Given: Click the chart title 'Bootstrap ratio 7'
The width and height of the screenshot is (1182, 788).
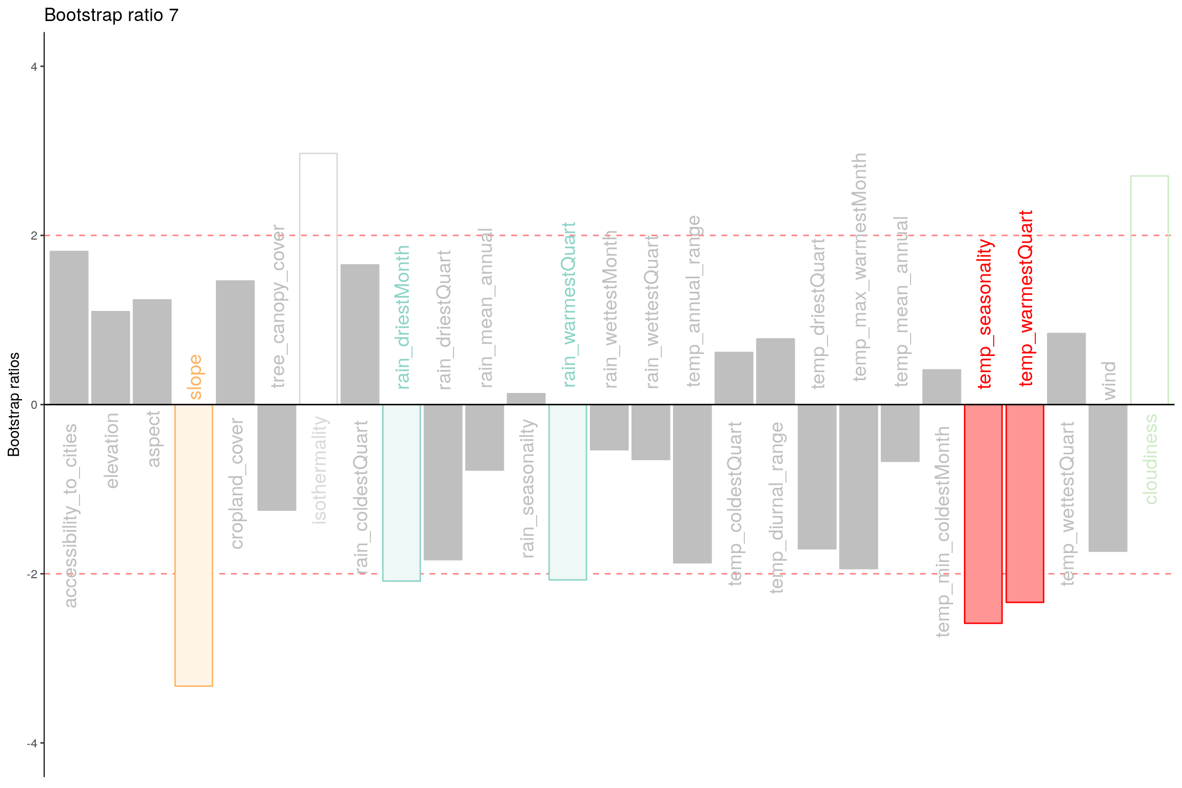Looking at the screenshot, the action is click(x=111, y=15).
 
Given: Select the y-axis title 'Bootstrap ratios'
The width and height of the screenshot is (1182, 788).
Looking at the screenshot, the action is click(x=14, y=404).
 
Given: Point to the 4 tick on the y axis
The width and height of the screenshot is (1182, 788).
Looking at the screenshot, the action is click(x=42, y=66).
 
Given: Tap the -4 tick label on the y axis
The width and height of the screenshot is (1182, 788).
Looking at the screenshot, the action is click(x=32, y=743).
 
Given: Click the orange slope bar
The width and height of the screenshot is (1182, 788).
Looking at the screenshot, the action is click(x=194, y=545).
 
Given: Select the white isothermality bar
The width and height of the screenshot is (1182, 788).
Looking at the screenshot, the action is click(x=319, y=279).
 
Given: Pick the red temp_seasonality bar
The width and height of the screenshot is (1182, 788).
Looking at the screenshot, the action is click(x=983, y=514).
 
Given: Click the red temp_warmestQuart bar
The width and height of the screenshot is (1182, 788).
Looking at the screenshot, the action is click(x=1025, y=503).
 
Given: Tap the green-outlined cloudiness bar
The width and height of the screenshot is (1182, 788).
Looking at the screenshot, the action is click(x=1150, y=290).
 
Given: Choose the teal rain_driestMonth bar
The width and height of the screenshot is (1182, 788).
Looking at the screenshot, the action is click(x=402, y=493).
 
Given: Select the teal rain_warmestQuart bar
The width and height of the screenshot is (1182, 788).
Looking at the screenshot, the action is click(x=568, y=492).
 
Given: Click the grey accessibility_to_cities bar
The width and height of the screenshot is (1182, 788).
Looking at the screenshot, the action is click(x=69, y=327).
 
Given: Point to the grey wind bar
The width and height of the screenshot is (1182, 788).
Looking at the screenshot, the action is click(x=1108, y=478).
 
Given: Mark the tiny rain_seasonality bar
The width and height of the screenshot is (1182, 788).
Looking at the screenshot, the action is click(x=526, y=399).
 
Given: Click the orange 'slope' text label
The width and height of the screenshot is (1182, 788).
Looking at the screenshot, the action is click(x=195, y=377).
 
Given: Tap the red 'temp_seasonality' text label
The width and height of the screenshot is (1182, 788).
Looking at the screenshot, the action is click(x=985, y=314).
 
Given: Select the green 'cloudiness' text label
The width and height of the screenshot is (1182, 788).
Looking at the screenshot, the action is click(x=1151, y=459).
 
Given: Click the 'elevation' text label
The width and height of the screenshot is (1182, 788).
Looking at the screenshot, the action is click(x=112, y=450).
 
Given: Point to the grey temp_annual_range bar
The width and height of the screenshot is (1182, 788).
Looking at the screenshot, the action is click(x=693, y=484).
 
